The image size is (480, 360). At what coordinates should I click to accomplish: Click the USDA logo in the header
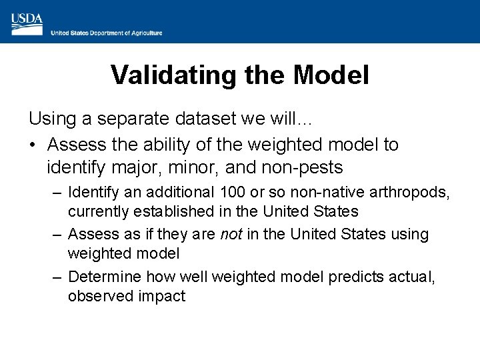click(27, 23)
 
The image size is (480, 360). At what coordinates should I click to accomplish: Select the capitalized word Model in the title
click(331, 75)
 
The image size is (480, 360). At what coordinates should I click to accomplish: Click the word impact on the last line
click(160, 296)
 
